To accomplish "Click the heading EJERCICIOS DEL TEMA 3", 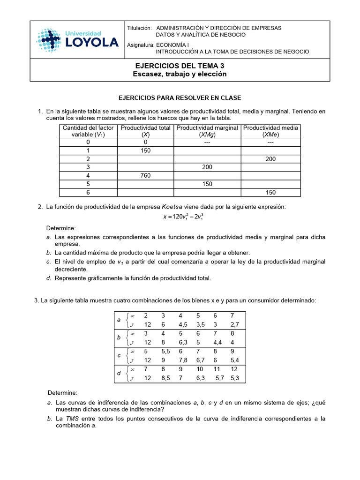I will [x=180, y=66].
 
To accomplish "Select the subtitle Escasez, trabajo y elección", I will [x=180, y=74].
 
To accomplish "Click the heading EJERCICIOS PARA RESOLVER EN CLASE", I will [x=180, y=98].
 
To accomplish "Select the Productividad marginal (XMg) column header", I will [x=207, y=131].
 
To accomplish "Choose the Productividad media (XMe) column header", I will [x=271, y=131].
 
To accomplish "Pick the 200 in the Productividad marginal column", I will [x=207, y=167].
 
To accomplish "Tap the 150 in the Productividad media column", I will [x=270, y=192].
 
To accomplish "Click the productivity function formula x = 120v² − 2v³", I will [x=180, y=217].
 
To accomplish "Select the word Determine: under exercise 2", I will [x=60, y=228].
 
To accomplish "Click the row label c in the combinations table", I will [x=119, y=356].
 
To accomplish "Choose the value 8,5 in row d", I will [x=165, y=378].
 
